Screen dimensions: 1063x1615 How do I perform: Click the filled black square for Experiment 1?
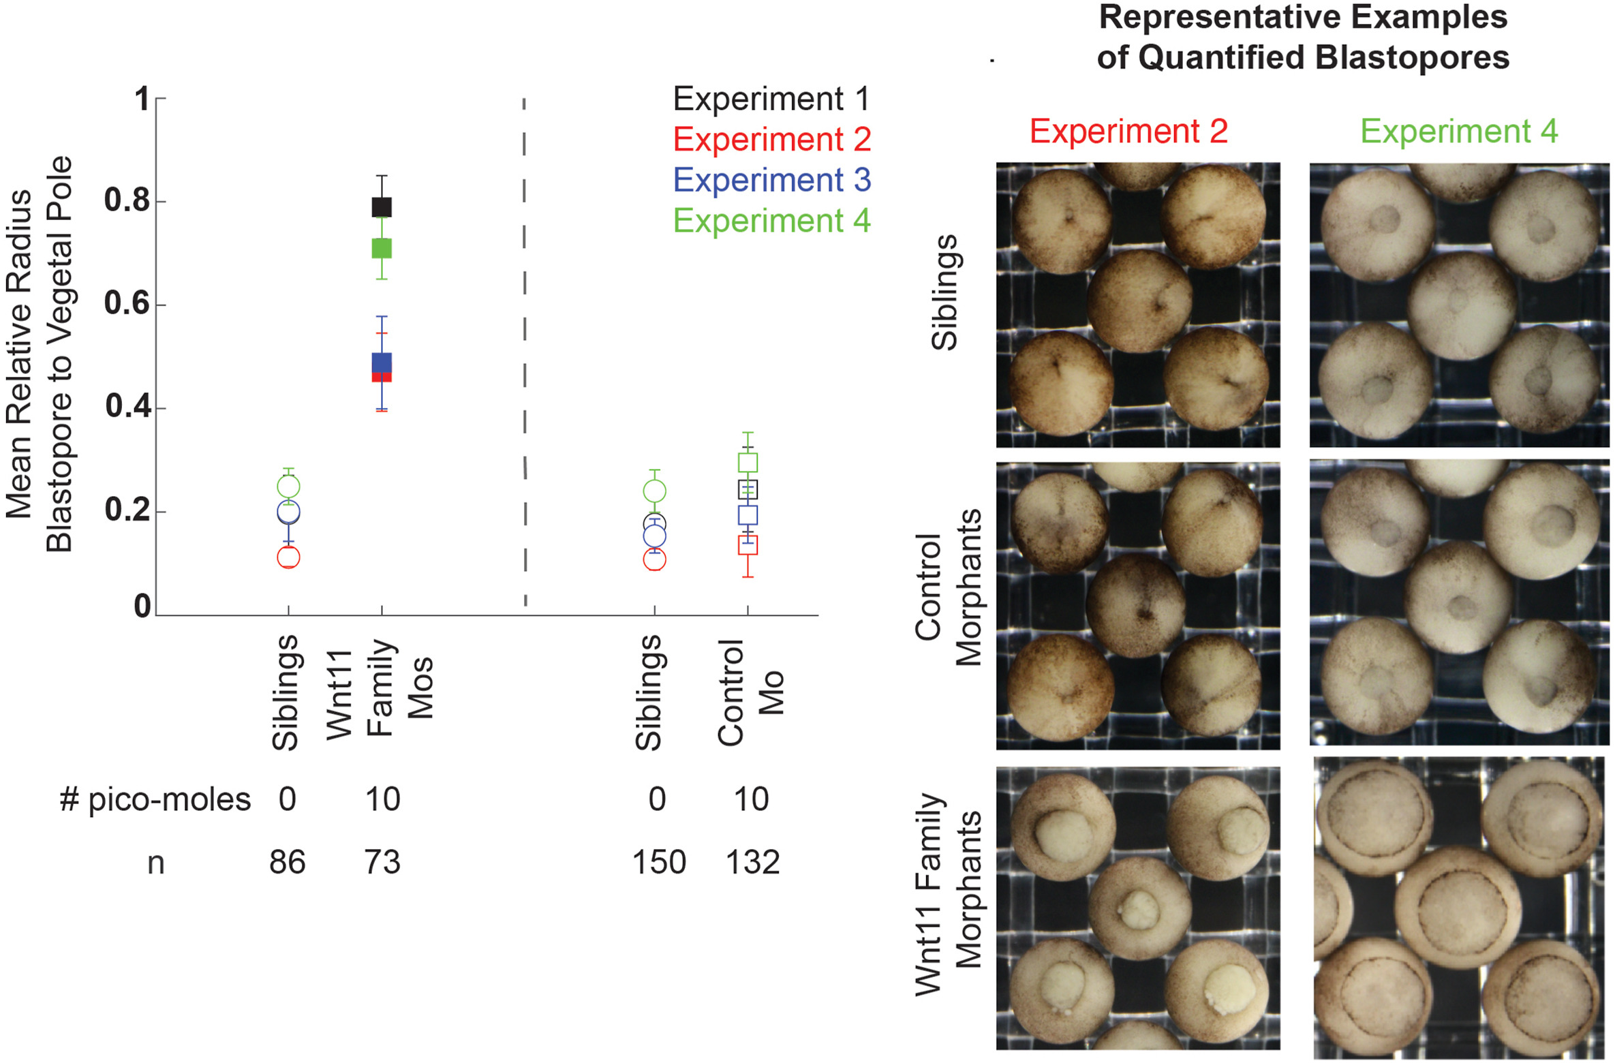tap(382, 206)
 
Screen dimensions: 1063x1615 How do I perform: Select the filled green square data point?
tap(382, 248)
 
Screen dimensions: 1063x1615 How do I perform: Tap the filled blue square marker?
tap(382, 363)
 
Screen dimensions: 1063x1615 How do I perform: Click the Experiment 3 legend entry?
tap(771, 181)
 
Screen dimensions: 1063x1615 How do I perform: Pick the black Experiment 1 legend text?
tap(771, 99)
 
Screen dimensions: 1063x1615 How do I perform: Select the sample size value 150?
tap(659, 863)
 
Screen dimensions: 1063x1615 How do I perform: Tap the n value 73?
tap(382, 863)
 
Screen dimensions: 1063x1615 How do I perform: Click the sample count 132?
tap(752, 863)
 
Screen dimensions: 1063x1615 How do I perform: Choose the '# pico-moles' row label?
tap(155, 799)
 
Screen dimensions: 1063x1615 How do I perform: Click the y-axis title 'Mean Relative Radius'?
tap(19, 354)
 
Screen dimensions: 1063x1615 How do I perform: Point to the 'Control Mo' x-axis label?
tap(750, 692)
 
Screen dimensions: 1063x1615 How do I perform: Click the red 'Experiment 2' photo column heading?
tap(1128, 131)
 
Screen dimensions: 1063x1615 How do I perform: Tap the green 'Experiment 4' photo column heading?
tap(1459, 131)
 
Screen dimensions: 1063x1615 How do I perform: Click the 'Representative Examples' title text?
tap(1303, 18)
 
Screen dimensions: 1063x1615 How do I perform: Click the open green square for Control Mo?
tap(748, 463)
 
